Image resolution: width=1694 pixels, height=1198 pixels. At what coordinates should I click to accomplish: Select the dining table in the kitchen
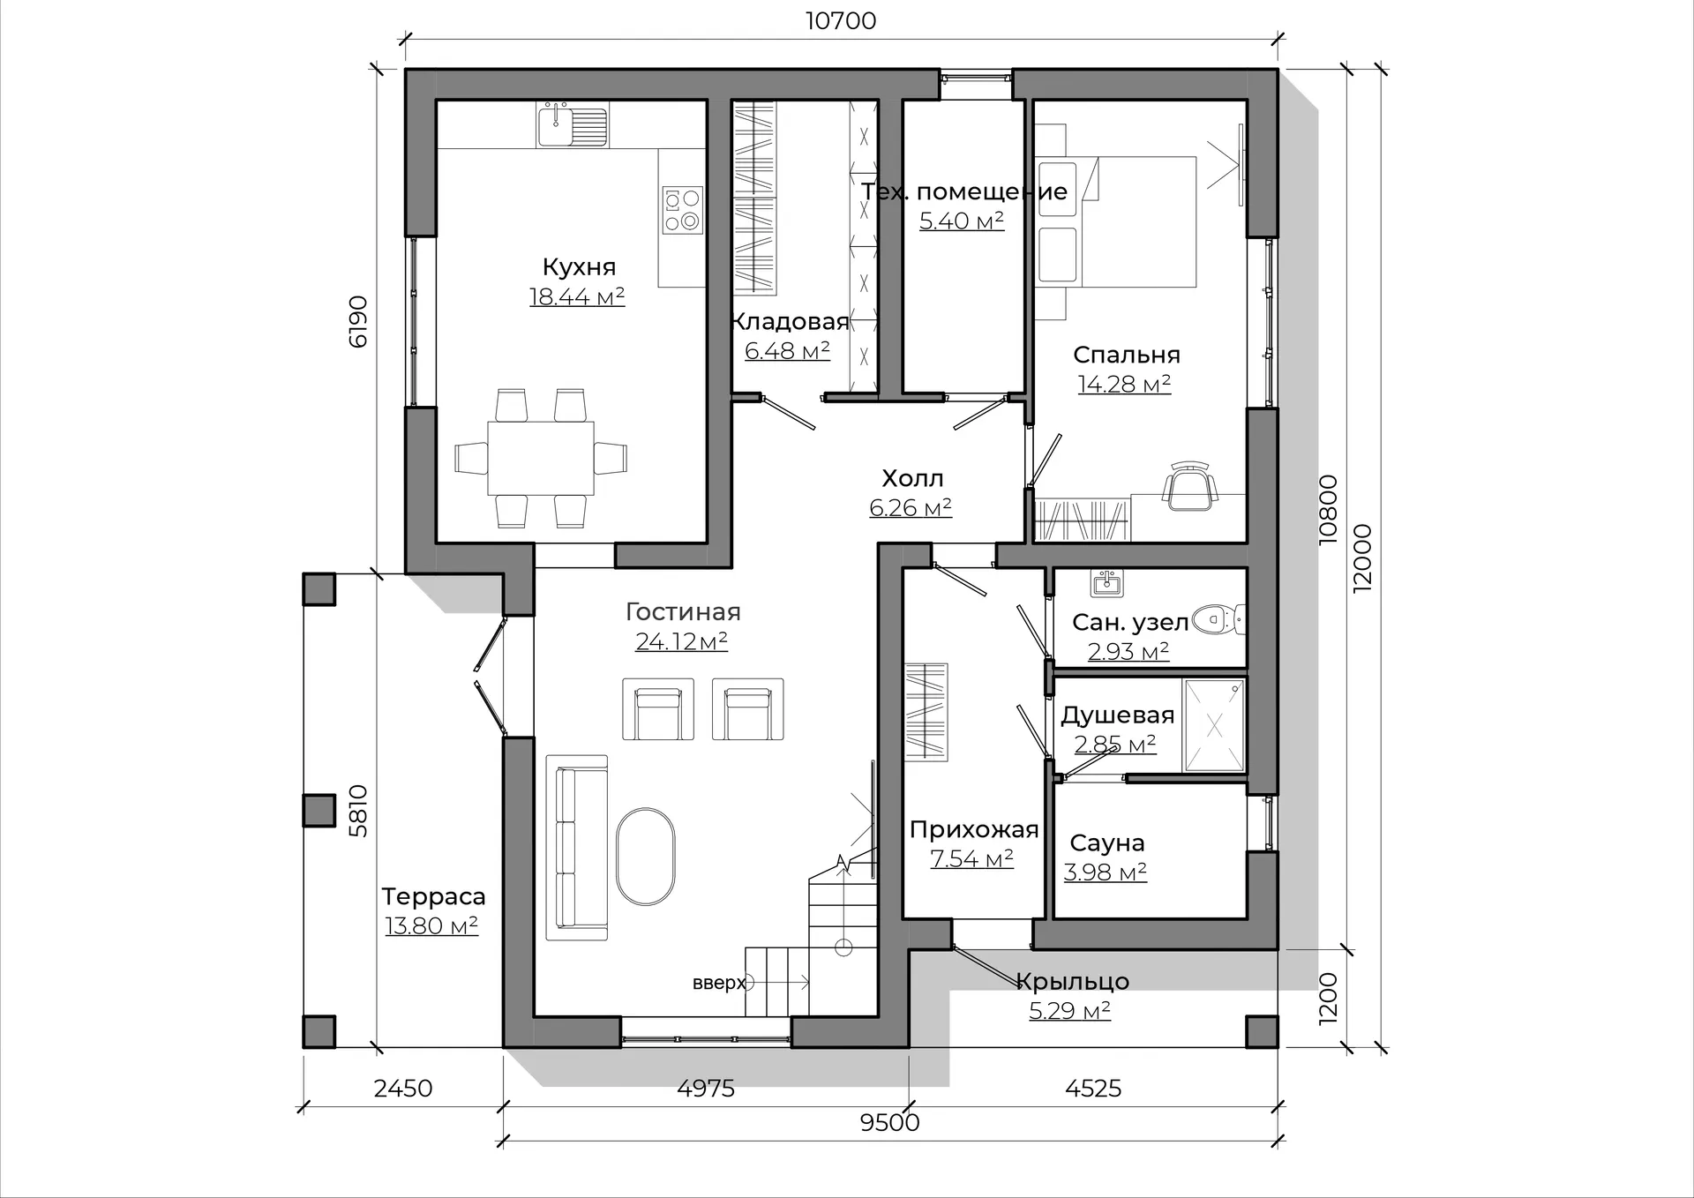tap(541, 458)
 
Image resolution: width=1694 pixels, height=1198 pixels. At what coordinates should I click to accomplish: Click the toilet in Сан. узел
tap(1219, 619)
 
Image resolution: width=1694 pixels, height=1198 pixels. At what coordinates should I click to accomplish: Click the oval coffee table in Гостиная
tap(646, 856)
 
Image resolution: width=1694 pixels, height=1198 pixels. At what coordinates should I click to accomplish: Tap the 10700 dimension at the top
tap(841, 20)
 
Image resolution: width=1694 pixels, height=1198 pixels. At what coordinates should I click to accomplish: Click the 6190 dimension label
tap(358, 322)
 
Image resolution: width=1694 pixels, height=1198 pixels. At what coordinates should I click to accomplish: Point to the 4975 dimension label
tap(706, 1088)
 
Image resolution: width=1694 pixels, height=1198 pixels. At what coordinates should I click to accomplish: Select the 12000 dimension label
tap(1362, 558)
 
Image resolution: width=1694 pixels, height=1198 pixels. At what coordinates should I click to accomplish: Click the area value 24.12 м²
tap(681, 641)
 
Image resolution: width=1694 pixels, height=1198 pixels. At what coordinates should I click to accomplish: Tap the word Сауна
tap(1107, 842)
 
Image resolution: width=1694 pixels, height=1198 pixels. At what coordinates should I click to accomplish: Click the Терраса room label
tap(433, 897)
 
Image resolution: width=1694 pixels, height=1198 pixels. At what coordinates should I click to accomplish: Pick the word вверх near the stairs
tap(719, 983)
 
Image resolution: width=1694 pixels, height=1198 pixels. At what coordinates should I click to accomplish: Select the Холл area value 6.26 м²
tap(911, 508)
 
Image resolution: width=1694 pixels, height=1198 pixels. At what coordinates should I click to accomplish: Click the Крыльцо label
tap(1073, 981)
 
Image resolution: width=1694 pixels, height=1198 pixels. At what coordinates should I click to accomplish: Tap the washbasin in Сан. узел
tap(1106, 583)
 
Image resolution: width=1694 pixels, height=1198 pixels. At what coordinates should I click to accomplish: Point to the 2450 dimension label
tap(403, 1088)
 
